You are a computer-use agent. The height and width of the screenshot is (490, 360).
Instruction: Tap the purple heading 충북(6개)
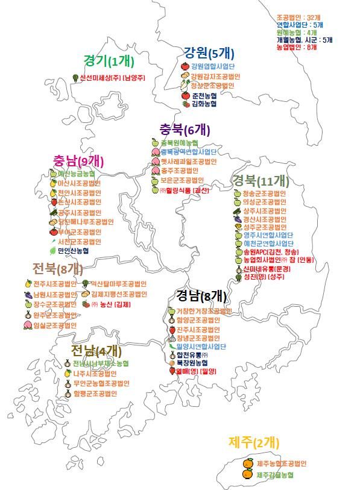[x=185, y=129]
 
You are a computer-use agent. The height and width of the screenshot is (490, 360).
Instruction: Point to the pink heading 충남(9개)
[x=78, y=160]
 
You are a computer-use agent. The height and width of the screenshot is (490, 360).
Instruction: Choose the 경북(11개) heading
[x=262, y=180]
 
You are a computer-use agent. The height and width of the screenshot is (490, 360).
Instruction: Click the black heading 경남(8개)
[x=201, y=295]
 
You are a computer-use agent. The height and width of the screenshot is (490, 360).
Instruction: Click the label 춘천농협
[x=206, y=95]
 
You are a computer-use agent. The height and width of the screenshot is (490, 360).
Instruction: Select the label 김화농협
[x=206, y=104]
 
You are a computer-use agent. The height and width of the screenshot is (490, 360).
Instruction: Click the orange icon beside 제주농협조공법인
[x=248, y=463]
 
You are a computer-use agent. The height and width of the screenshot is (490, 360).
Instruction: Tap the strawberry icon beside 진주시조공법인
[x=172, y=330]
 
